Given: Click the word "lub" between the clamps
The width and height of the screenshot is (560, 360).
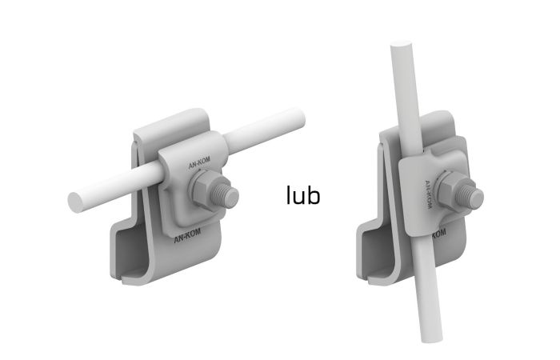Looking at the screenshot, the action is pos(303,195).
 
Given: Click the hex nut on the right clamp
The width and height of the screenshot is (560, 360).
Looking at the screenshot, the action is pos(451,190).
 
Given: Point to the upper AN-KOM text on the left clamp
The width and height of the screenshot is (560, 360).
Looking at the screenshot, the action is pos(199,162).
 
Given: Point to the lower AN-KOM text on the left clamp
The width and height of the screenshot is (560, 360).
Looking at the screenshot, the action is pos(187,236).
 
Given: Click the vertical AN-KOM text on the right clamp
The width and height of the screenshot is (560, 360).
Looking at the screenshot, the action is pos(428,195).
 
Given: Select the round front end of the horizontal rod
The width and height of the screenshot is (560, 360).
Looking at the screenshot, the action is pos(75,202).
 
